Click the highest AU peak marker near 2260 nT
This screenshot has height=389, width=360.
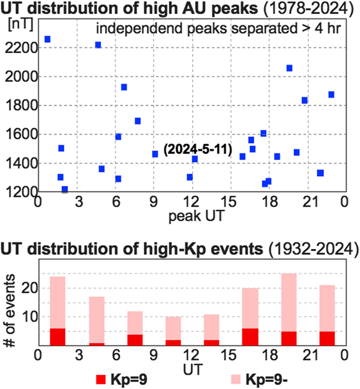[47, 39]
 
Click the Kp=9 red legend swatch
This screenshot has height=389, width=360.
[100, 379]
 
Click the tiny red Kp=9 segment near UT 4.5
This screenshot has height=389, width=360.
[96, 344]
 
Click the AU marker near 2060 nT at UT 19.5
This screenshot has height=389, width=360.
[289, 68]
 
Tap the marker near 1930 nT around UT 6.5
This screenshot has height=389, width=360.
[124, 87]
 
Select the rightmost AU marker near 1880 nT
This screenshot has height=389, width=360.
[331, 94]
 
